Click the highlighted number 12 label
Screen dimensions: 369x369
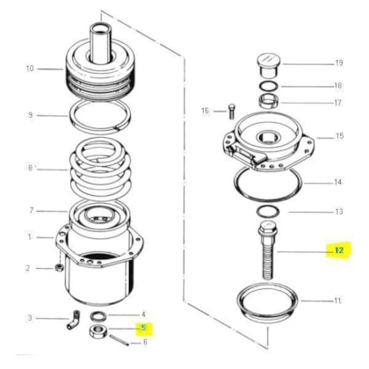[336, 250]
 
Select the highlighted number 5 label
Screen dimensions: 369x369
[142, 329]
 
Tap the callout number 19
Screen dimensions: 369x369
[339, 63]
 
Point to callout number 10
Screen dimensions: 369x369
[29, 69]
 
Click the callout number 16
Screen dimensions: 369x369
[206, 111]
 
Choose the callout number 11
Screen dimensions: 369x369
[337, 300]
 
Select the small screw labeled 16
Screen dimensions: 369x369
[230, 111]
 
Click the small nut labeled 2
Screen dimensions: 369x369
[59, 267]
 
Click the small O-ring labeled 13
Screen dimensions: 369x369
[265, 212]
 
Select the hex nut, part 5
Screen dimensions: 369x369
[95, 331]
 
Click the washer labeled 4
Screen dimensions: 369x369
[105, 315]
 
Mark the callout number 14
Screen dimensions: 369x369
[337, 183]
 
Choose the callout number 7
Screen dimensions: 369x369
[29, 211]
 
